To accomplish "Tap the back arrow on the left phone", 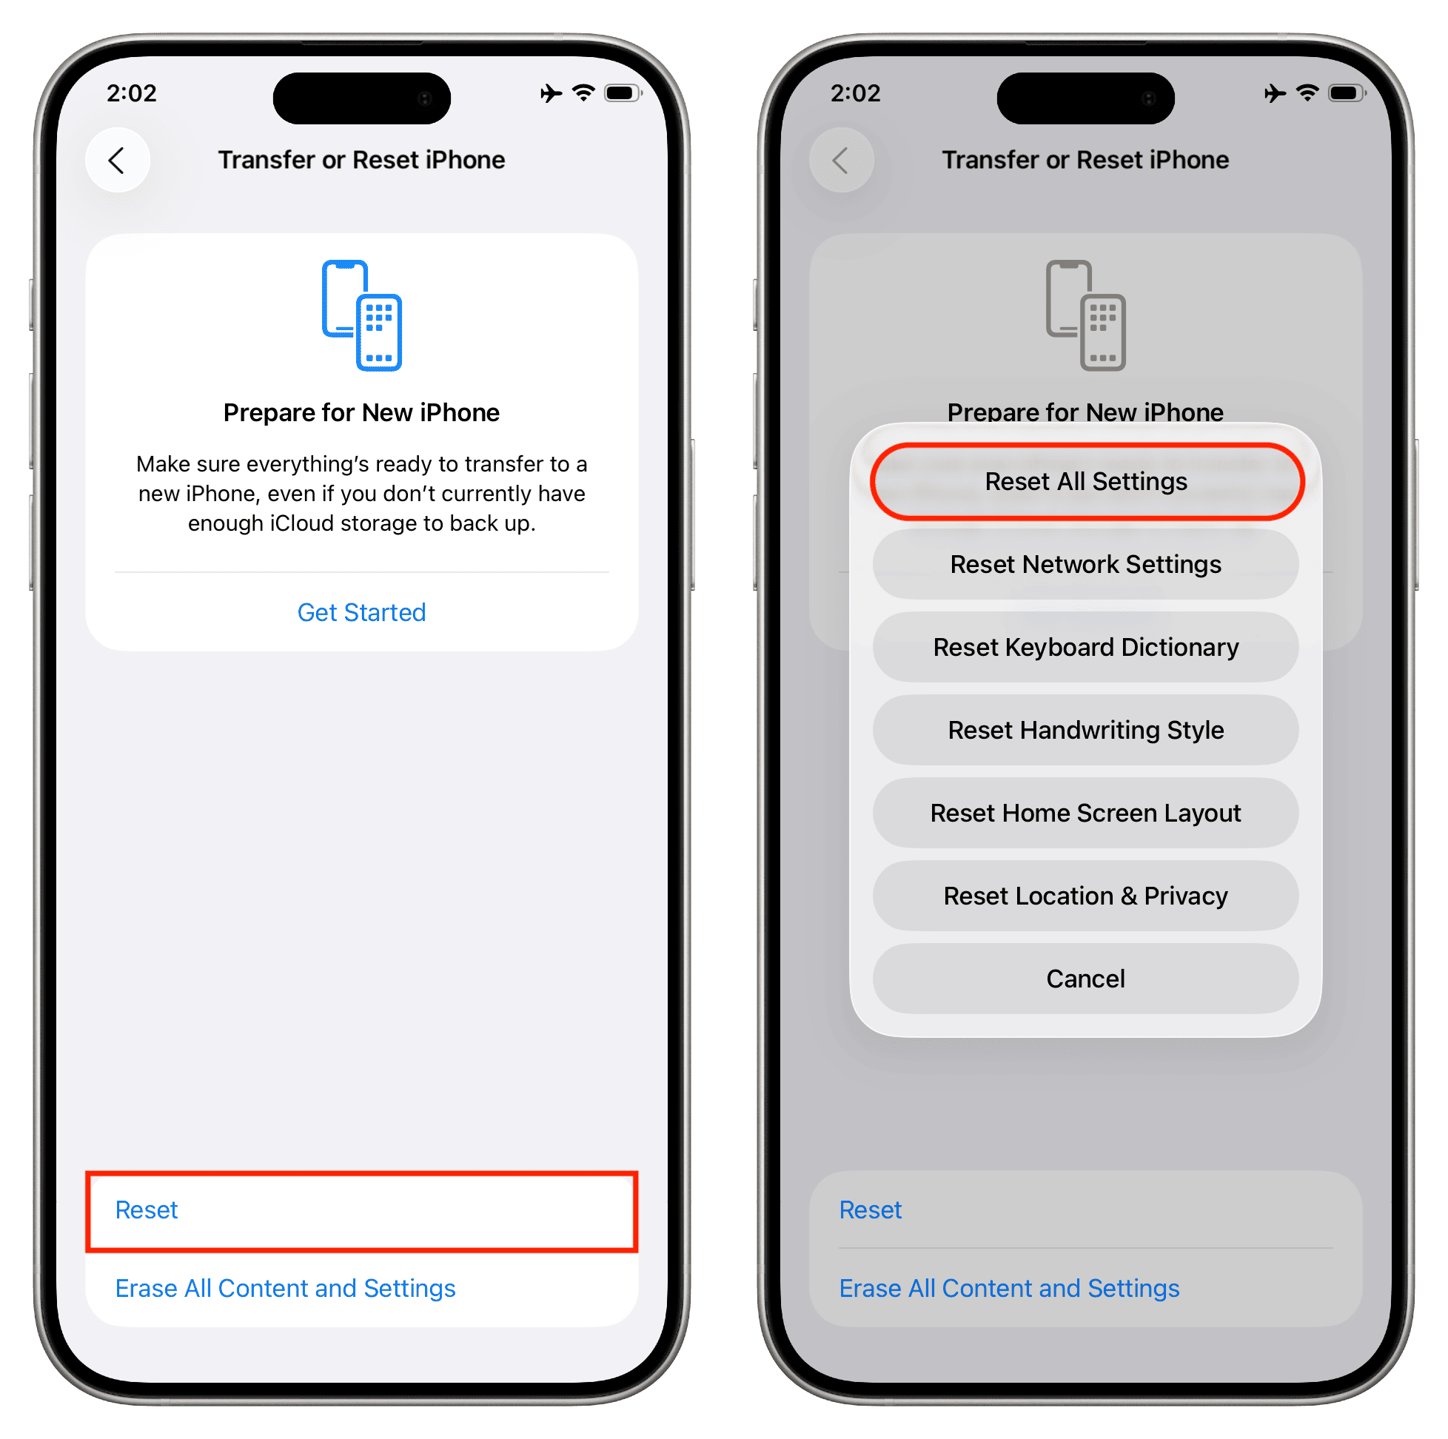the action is pos(117,161).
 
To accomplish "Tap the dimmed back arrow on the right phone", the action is pos(841,161).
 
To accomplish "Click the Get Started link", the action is pos(361,612).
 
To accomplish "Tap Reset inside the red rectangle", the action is pos(146,1210).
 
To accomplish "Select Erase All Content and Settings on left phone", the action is pos(285,1287).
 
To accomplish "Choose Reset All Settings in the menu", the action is pos(1086,481).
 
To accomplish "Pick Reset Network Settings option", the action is pos(1085,564).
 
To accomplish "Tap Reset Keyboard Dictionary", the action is pos(1085,648).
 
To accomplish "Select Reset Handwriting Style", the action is pos(1085,730).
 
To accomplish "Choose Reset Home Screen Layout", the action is pos(1085,814).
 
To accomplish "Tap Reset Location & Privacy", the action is pos(1085,896).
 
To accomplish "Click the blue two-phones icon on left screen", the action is pos(361,315).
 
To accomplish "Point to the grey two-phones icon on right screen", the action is pos(1085,315).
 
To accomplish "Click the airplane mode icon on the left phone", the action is pos(551,93).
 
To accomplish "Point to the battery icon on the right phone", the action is pos(1347,93).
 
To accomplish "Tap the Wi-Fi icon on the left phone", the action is pos(583,93).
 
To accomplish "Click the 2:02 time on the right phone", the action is pos(855,93).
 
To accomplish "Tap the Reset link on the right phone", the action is pos(870,1210).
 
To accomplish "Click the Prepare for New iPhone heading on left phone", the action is pos(361,412).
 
